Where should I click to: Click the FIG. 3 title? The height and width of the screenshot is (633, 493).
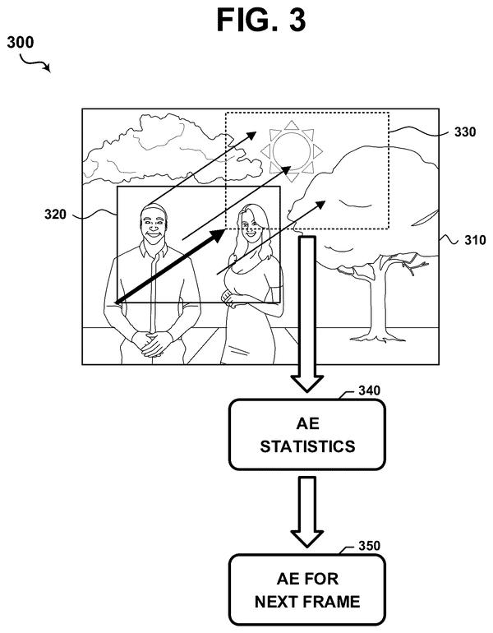coord(261,20)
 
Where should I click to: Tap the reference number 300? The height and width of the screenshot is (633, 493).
coord(21,43)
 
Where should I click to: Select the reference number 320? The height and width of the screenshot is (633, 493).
coord(55,214)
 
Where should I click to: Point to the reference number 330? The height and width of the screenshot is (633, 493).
coord(465,132)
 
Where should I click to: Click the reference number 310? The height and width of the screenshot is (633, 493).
coord(475,240)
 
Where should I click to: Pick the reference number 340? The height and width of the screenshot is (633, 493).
coord(369,390)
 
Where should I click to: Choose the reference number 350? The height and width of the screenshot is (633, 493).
coord(369,546)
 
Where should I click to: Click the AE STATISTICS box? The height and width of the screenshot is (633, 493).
coord(307,435)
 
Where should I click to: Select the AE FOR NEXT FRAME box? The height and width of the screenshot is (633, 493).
coord(307,589)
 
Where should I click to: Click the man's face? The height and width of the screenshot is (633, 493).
coord(154,224)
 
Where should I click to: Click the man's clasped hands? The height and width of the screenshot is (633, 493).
coord(154,344)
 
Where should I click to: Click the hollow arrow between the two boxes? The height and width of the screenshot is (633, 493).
coord(307,512)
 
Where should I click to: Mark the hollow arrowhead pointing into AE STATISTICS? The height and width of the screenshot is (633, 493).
coord(307,384)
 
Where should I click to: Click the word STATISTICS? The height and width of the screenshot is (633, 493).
coord(307,446)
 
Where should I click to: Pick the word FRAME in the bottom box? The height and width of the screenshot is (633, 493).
coord(332,602)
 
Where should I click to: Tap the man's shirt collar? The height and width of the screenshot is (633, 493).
coord(154,249)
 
